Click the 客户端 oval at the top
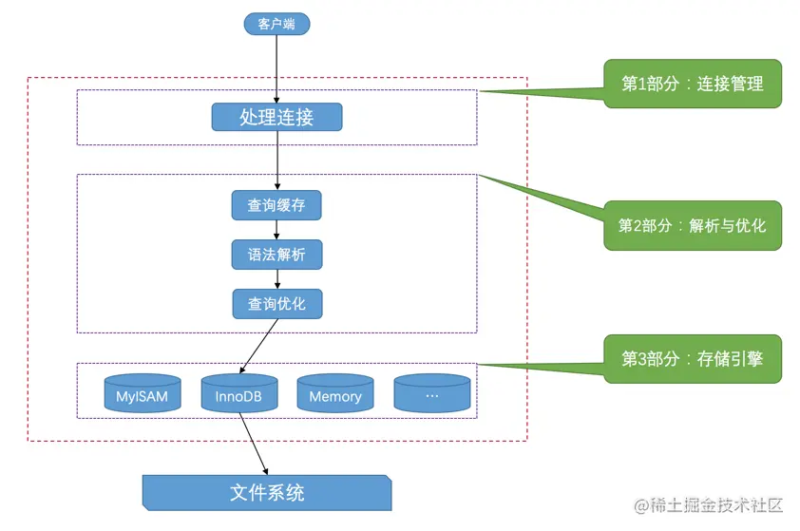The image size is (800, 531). pyautogui.click(x=276, y=24)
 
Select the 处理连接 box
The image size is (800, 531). pyautogui.click(x=276, y=117)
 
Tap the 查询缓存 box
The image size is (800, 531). pyautogui.click(x=276, y=204)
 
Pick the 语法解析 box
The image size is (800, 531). pyautogui.click(x=276, y=255)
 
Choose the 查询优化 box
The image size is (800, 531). pyautogui.click(x=276, y=304)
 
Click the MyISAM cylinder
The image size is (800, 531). pyautogui.click(x=142, y=394)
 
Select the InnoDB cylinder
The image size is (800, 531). pyautogui.click(x=238, y=394)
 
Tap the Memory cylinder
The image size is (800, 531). pyautogui.click(x=335, y=394)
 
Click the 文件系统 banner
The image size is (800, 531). pyautogui.click(x=267, y=493)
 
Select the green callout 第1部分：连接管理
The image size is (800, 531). pyautogui.click(x=692, y=84)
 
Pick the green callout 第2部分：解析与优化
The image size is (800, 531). pyautogui.click(x=692, y=225)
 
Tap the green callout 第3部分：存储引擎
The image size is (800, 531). pyautogui.click(x=692, y=359)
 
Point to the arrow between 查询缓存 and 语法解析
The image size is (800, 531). pyautogui.click(x=276, y=229)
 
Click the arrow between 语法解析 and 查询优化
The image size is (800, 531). pyautogui.click(x=276, y=279)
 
